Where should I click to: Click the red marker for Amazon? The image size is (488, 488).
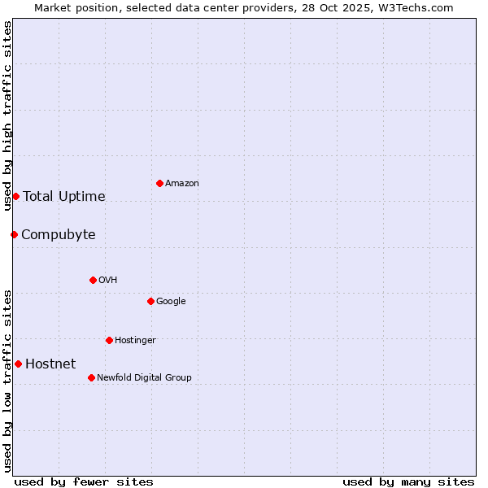coord(159,183)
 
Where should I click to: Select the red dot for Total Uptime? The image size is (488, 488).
coord(15,196)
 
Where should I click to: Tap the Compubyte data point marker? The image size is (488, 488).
coord(14,234)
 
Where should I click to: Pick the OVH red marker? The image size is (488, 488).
coord(93,280)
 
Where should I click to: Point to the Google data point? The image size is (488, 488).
coord(150,301)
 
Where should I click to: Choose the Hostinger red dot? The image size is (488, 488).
coord(109,340)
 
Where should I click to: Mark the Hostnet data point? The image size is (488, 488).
coord(18,364)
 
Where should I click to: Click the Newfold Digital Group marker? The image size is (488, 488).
coord(91,377)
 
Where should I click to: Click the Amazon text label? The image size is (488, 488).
coord(182,183)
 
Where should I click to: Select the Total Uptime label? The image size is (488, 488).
coord(64,196)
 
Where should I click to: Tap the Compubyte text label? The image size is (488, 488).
coord(59,235)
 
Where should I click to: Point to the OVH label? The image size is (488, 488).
coord(108,280)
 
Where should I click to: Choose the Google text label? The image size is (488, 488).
coord(171,301)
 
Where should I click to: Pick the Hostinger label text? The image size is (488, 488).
coord(135,340)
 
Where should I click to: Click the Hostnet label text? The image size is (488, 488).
coord(50,364)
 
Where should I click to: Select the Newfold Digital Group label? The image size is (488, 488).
coord(144,377)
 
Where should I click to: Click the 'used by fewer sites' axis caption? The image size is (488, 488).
coord(84,481)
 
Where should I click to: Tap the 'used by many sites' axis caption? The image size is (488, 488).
coord(408,481)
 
